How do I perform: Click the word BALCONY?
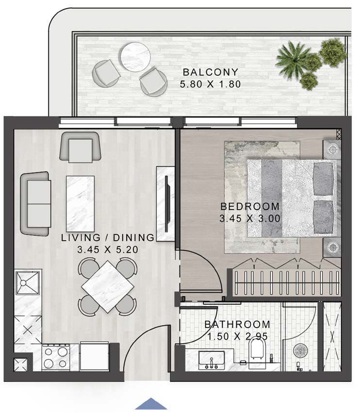(211, 72)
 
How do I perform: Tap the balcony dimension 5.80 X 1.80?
(211, 84)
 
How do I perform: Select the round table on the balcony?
(136, 57)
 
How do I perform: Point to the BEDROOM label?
(250, 206)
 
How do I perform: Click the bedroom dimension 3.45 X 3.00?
(250, 218)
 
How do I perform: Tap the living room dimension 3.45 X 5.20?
(108, 249)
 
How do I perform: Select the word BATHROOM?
(237, 324)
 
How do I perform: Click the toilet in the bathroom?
(257, 352)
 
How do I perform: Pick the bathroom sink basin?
(211, 360)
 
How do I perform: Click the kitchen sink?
(28, 282)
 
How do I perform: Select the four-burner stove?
(56, 357)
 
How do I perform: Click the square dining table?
(108, 286)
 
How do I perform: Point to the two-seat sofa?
(36, 204)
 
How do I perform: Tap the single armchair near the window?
(81, 147)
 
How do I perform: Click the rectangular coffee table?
(81, 204)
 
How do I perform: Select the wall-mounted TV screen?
(167, 204)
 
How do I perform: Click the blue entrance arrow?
(151, 404)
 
